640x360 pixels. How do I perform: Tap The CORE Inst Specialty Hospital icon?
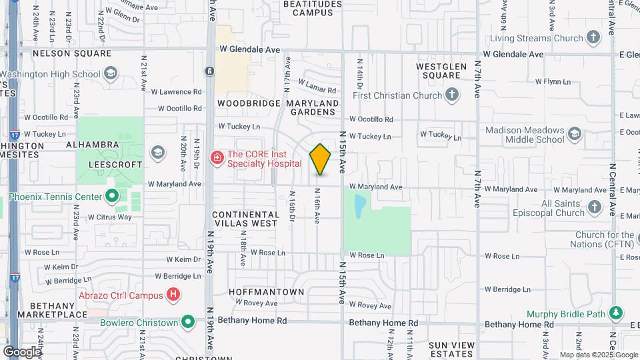coord(217,157)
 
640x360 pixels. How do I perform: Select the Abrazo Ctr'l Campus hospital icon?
coord(173,293)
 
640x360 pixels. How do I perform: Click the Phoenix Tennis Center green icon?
coord(112,197)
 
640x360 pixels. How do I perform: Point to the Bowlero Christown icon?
coord(189,323)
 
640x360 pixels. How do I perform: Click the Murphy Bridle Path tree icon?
coord(617,313)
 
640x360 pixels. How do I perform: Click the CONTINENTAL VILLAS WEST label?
coord(245,219)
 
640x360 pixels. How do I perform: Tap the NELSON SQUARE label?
coord(63,53)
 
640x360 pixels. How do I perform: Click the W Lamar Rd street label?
coord(315,87)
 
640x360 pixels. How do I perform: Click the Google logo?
coord(21,351)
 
